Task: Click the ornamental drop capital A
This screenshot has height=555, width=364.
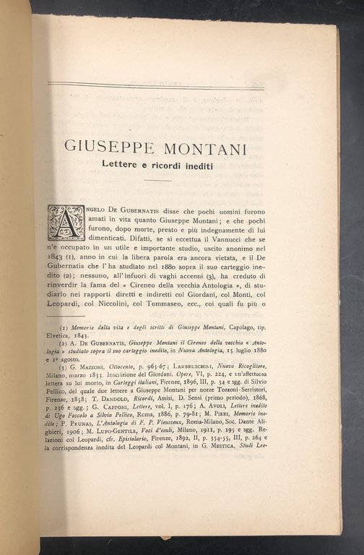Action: click(x=66, y=223)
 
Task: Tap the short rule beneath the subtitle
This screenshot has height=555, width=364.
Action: click(x=157, y=181)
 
